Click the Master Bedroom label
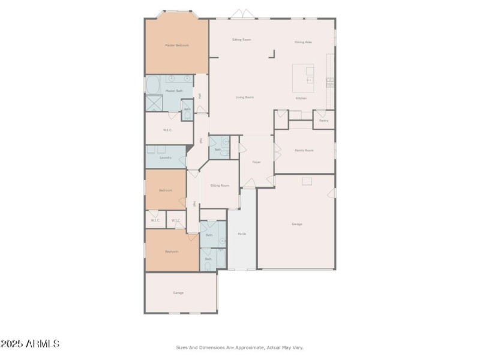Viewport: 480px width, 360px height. click(x=177, y=46)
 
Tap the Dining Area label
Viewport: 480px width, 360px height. click(x=303, y=42)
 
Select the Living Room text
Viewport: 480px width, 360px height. click(x=244, y=97)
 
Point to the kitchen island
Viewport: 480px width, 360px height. click(x=303, y=77)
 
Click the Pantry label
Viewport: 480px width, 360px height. click(x=324, y=121)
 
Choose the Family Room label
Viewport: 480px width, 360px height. click(x=304, y=151)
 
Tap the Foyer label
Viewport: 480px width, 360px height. click(x=256, y=162)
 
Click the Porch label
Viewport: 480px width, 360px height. click(x=242, y=234)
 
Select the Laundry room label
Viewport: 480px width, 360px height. click(x=166, y=158)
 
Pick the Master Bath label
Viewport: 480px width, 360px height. click(x=174, y=91)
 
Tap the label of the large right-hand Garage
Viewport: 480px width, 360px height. click(x=296, y=224)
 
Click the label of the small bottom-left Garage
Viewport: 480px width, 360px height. click(x=178, y=293)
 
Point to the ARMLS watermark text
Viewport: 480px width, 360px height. click(x=30, y=344)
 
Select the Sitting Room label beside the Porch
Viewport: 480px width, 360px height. click(x=220, y=186)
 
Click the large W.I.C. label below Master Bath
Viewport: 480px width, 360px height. click(x=168, y=130)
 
